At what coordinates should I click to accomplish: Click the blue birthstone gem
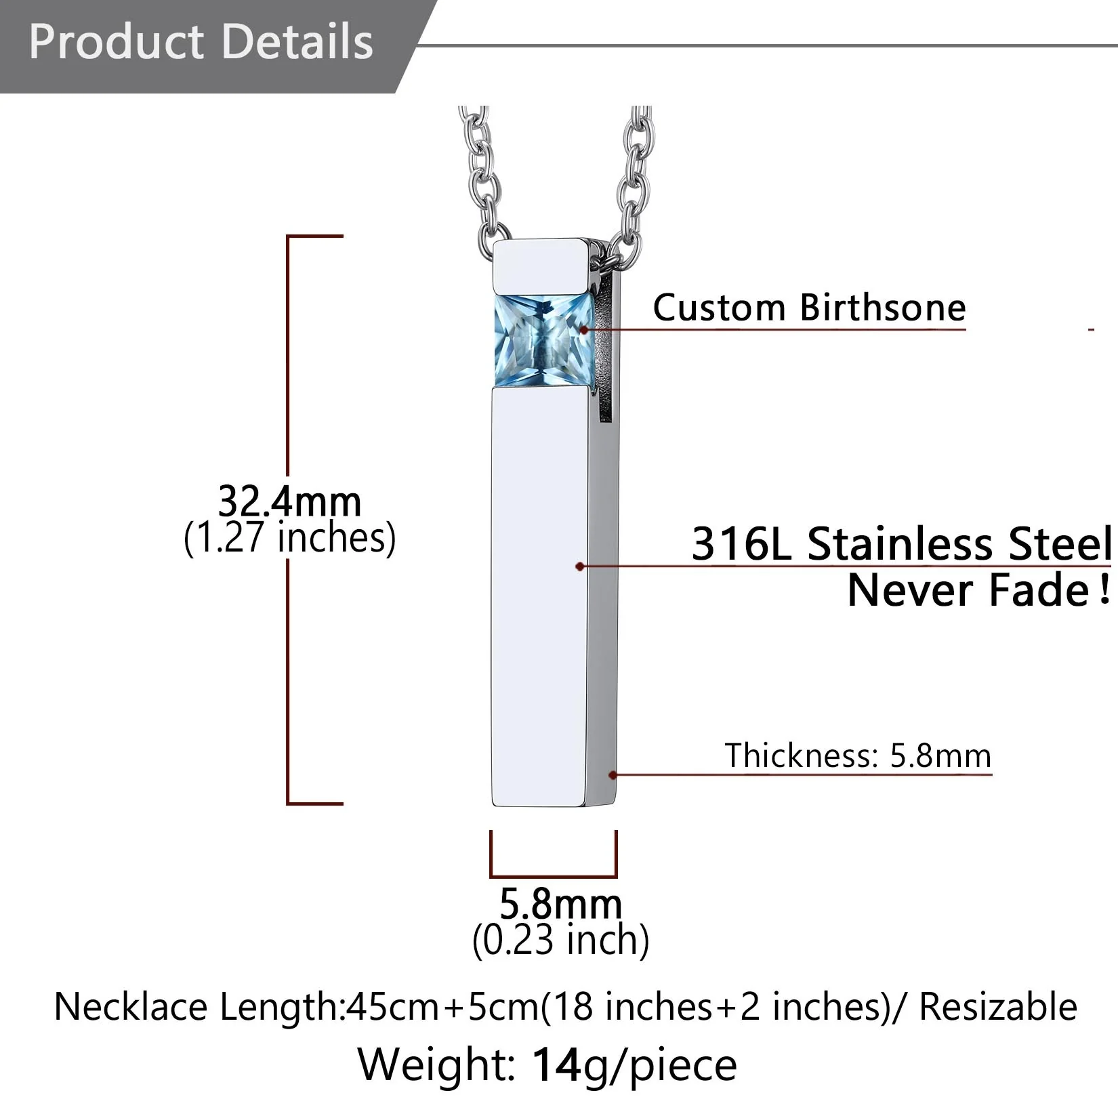coord(543,339)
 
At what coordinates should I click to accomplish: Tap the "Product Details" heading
coord(201,41)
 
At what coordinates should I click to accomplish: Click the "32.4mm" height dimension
coord(289,501)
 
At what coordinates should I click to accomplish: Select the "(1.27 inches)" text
coord(289,538)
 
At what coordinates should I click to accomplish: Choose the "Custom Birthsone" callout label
coord(809,308)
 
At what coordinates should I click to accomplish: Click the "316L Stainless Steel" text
coord(901,543)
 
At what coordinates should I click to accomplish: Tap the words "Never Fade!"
coord(979,589)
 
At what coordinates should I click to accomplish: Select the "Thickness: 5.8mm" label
coord(858,755)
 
